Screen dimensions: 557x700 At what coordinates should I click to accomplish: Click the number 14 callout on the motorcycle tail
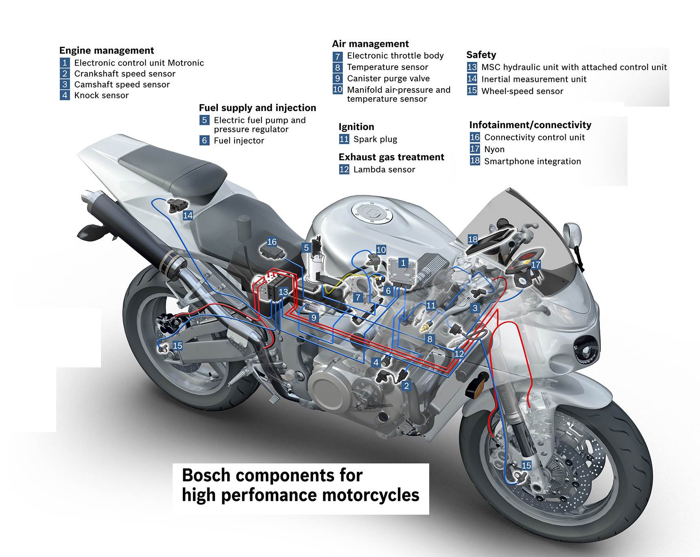[188, 215]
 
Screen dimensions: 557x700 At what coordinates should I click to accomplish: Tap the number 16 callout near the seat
[272, 242]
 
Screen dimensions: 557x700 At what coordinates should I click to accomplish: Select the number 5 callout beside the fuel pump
[307, 248]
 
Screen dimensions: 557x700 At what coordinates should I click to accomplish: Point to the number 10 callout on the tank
[381, 250]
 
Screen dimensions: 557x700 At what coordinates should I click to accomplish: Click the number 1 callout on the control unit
[403, 263]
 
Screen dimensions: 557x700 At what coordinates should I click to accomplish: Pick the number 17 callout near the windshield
[535, 265]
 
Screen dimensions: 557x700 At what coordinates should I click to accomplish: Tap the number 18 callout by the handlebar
[472, 239]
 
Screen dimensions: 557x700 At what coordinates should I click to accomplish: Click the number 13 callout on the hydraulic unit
[283, 292]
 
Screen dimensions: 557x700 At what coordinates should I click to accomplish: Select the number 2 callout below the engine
[406, 386]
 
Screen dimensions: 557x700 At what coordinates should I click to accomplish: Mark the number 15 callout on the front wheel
[526, 465]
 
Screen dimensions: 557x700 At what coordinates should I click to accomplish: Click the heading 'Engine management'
[106, 50]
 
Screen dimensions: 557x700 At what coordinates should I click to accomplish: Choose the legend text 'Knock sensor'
[101, 95]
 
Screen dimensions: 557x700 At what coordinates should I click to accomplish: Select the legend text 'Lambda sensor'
[384, 169]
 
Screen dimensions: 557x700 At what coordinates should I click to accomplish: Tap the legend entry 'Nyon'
[494, 149]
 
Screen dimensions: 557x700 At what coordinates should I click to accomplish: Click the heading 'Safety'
[481, 55]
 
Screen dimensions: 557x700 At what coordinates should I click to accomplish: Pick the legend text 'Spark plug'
[375, 139]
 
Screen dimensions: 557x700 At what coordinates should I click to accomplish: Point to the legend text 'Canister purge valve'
[388, 79]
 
